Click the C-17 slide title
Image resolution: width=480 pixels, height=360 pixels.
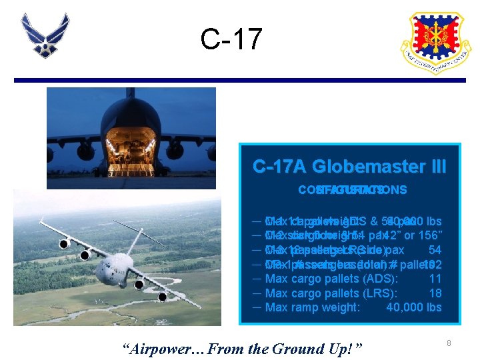tap(231, 39)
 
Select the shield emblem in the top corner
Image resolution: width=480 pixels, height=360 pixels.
tap(435, 43)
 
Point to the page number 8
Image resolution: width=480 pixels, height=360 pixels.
tap(449, 343)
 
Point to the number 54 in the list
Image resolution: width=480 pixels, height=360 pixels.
tap(435, 249)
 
